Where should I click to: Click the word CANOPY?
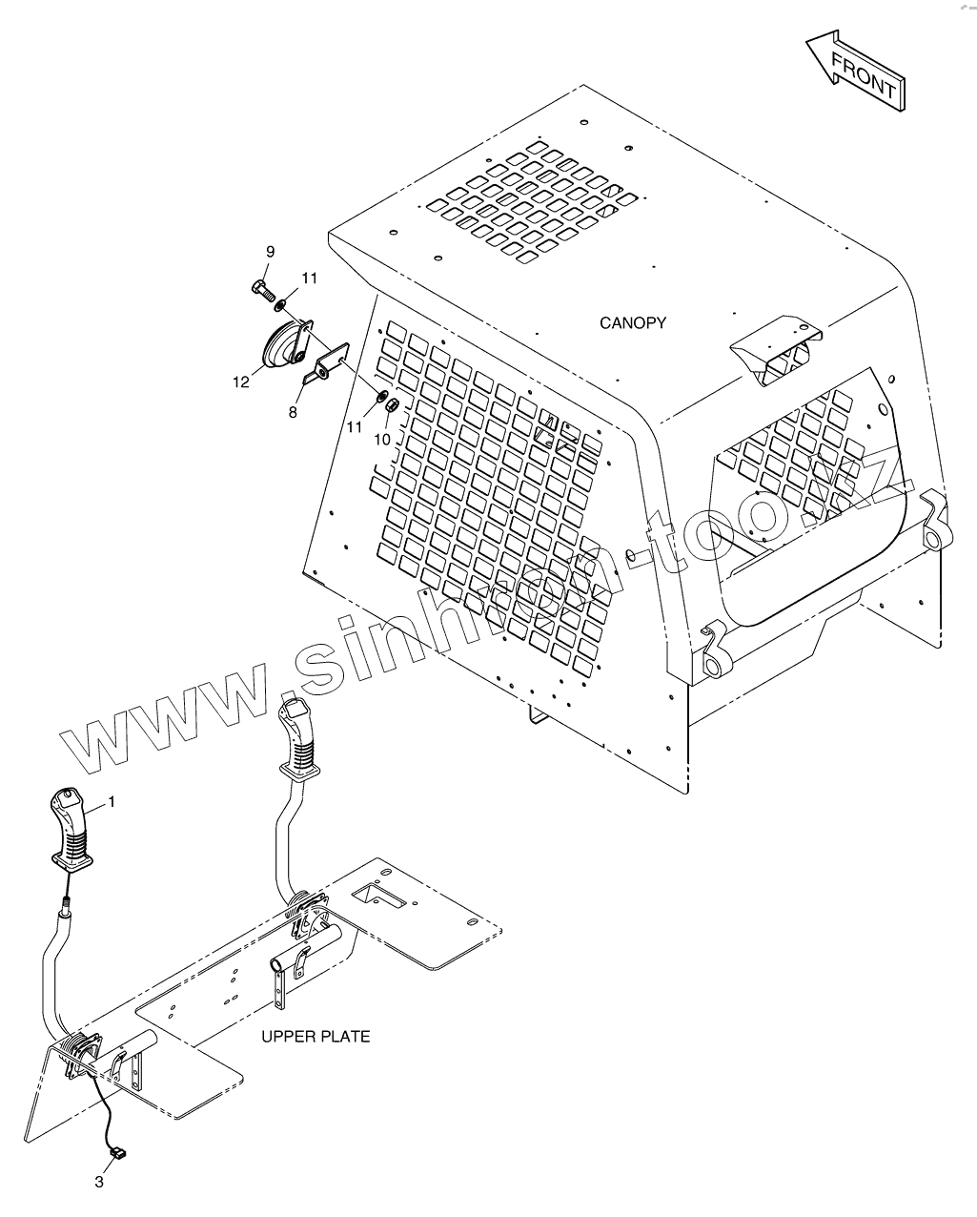[x=632, y=323]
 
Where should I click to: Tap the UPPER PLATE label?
[x=315, y=1036]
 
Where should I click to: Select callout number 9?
[x=270, y=252]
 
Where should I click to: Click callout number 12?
[x=239, y=382]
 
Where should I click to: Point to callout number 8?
[x=293, y=412]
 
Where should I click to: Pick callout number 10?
[x=381, y=440]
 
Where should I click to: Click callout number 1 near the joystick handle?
[x=111, y=802]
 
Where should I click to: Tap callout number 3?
[x=99, y=1183]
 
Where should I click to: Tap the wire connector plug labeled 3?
[x=118, y=1154]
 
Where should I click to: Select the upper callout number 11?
[x=309, y=278]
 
